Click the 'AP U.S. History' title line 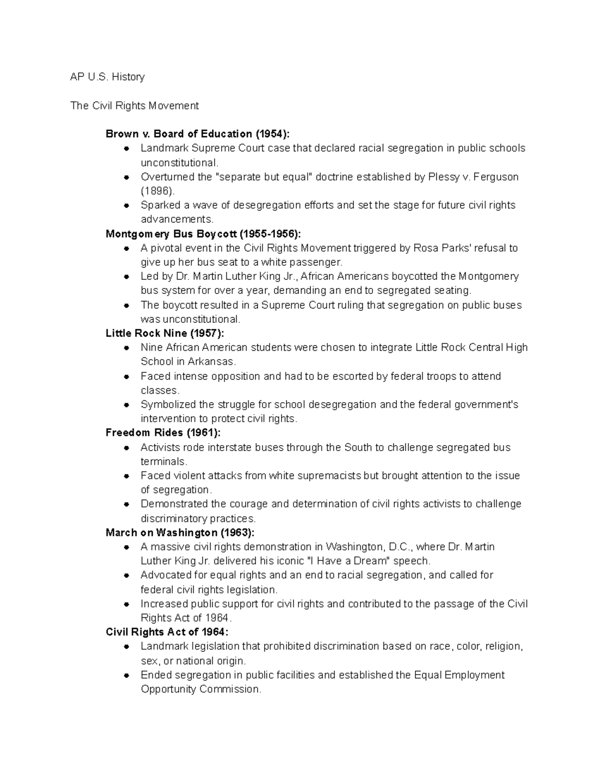(x=107, y=77)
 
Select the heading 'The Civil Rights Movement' (x=134, y=106)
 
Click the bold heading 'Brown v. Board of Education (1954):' (x=197, y=134)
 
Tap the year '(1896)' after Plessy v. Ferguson (x=157, y=191)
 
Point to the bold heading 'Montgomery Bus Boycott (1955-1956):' (x=203, y=234)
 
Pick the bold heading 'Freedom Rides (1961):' (x=163, y=433)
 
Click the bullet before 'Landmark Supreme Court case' (x=127, y=148)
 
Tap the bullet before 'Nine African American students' (x=127, y=348)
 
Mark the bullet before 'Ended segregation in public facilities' (x=127, y=675)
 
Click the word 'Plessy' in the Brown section (x=445, y=177)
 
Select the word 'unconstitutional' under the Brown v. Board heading (x=179, y=163)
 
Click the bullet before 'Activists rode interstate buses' (x=127, y=448)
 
